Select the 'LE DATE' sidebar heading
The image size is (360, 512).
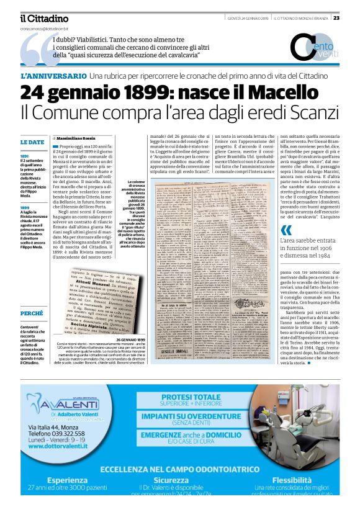coord(32,142)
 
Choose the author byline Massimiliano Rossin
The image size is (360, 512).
coord(78,137)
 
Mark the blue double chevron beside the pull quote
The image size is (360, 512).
coord(286,230)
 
